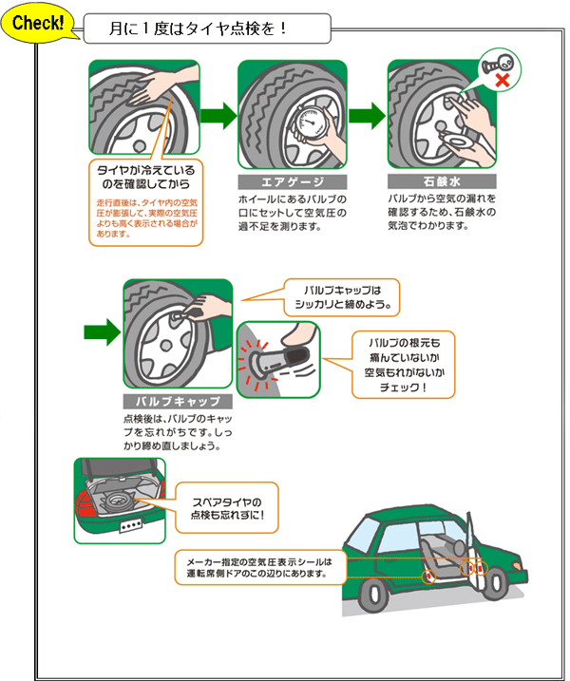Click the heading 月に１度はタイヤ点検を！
(199, 28)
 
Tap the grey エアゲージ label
(292, 181)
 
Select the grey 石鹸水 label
(441, 181)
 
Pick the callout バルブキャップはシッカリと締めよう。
(342, 298)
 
